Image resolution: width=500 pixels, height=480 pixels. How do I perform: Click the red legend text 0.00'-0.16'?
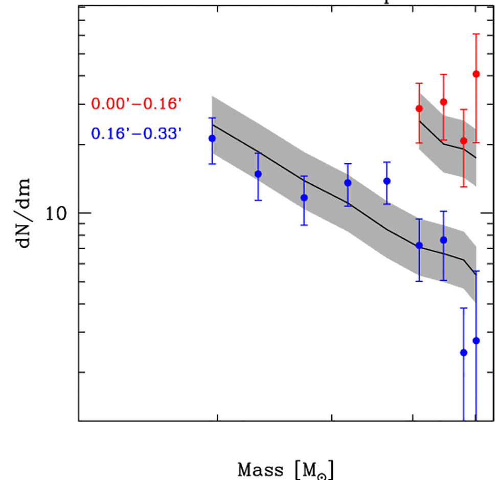click(137, 104)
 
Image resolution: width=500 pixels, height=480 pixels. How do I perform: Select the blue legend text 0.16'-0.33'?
click(137, 135)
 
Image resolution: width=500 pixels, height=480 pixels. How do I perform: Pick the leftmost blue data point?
click(212, 138)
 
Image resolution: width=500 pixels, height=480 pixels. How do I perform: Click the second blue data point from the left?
click(258, 174)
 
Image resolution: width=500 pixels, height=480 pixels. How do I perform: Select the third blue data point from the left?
click(304, 198)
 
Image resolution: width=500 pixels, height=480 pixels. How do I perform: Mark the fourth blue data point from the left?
click(348, 183)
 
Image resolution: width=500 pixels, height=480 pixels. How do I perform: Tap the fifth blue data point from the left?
click(387, 181)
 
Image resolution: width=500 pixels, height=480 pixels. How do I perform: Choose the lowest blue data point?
click(464, 353)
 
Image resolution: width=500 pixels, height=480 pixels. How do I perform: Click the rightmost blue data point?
click(476, 340)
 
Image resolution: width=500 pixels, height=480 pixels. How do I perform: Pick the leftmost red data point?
click(419, 108)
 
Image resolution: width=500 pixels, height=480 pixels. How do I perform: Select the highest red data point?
click(476, 74)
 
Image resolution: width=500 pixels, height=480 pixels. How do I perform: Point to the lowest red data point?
click(464, 141)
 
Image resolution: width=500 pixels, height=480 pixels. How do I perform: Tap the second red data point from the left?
click(443, 102)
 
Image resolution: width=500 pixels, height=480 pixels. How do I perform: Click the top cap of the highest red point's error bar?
click(476, 34)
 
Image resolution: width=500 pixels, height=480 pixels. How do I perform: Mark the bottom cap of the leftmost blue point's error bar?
click(212, 164)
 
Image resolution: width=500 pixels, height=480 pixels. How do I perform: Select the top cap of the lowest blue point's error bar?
click(464, 308)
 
